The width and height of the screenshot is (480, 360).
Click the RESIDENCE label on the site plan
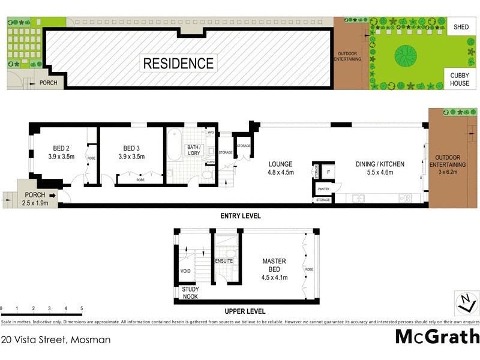(178, 63)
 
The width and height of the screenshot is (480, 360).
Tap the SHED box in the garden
(461, 27)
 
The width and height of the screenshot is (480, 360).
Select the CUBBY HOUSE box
(460, 79)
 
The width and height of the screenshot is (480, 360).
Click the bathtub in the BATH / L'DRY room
(173, 145)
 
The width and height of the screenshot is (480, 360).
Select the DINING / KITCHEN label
(380, 164)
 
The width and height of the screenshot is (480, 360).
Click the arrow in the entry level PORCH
(53, 195)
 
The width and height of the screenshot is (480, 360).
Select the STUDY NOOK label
(190, 293)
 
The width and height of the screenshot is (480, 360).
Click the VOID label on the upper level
(185, 271)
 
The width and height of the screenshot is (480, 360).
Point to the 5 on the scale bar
(81, 308)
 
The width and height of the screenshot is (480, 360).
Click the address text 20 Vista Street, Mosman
(56, 340)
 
